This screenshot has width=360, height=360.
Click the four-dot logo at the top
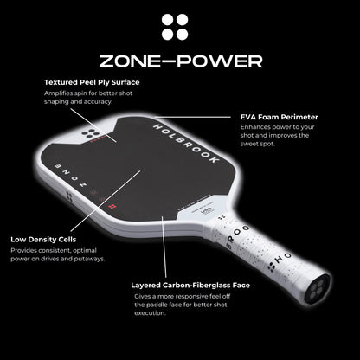coord(179,28)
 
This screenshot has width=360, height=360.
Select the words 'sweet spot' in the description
coord(260,147)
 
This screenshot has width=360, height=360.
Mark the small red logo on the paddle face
coord(112,207)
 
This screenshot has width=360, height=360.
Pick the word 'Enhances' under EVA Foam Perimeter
coord(255,126)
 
